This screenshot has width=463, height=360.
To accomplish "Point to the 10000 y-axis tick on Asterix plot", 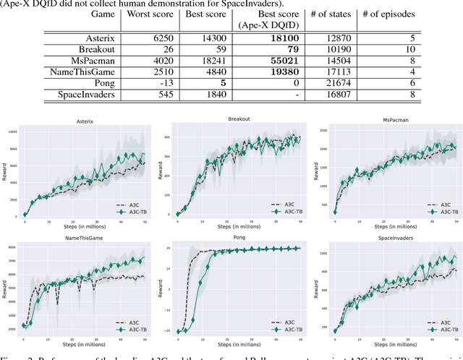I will (12, 132).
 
